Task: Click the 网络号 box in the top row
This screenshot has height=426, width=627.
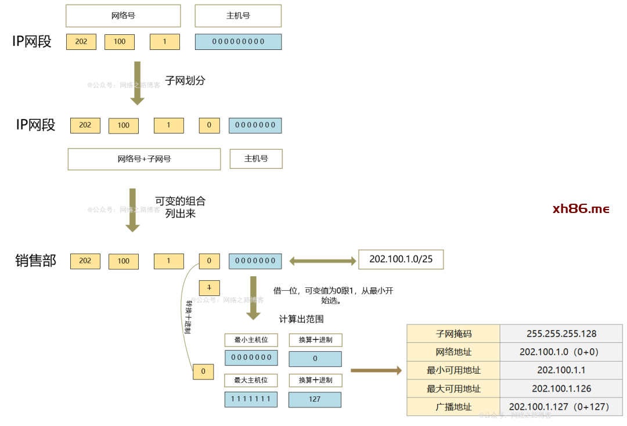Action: click(123, 16)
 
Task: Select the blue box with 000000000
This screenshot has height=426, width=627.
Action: click(238, 42)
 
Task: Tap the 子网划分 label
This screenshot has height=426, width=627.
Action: click(185, 81)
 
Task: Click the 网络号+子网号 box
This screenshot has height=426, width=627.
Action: click(144, 159)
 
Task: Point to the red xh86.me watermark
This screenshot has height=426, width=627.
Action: click(581, 209)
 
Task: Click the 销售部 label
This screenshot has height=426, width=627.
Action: click(35, 261)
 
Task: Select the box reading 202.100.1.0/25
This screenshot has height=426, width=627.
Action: click(401, 259)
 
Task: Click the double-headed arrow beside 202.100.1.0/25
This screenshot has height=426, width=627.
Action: click(322, 261)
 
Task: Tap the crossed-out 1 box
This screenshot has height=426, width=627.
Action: click(209, 287)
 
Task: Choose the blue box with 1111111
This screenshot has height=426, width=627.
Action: click(251, 399)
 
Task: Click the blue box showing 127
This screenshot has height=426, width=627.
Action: click(315, 399)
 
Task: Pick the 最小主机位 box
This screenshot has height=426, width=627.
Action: click(251, 340)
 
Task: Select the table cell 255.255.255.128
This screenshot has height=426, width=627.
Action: click(561, 334)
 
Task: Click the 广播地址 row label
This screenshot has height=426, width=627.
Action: click(453, 407)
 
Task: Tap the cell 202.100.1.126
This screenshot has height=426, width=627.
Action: click(561, 389)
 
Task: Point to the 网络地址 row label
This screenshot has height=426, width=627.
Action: click(453, 352)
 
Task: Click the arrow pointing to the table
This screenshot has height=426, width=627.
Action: click(376, 370)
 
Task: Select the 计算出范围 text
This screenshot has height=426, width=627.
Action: click(301, 319)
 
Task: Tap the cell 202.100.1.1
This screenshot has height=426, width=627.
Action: click(561, 370)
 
